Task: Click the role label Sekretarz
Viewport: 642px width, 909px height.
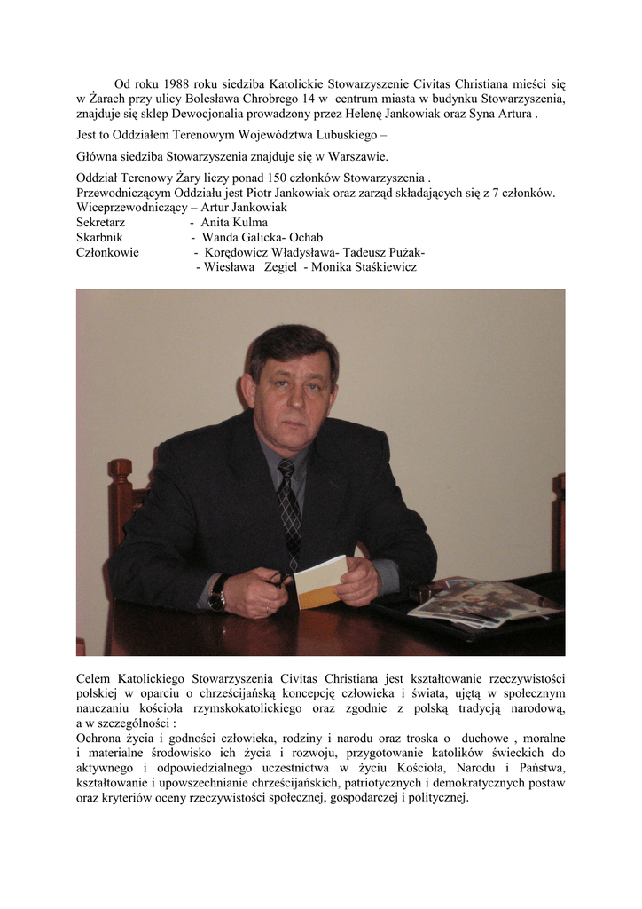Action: (x=101, y=222)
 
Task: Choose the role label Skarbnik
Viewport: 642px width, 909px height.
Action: (x=99, y=237)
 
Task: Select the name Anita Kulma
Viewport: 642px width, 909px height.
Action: (x=234, y=222)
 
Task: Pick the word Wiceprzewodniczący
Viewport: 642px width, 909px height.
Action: (x=130, y=207)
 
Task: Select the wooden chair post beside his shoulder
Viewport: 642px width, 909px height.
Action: (x=119, y=497)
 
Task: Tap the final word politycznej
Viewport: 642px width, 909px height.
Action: (x=435, y=798)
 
